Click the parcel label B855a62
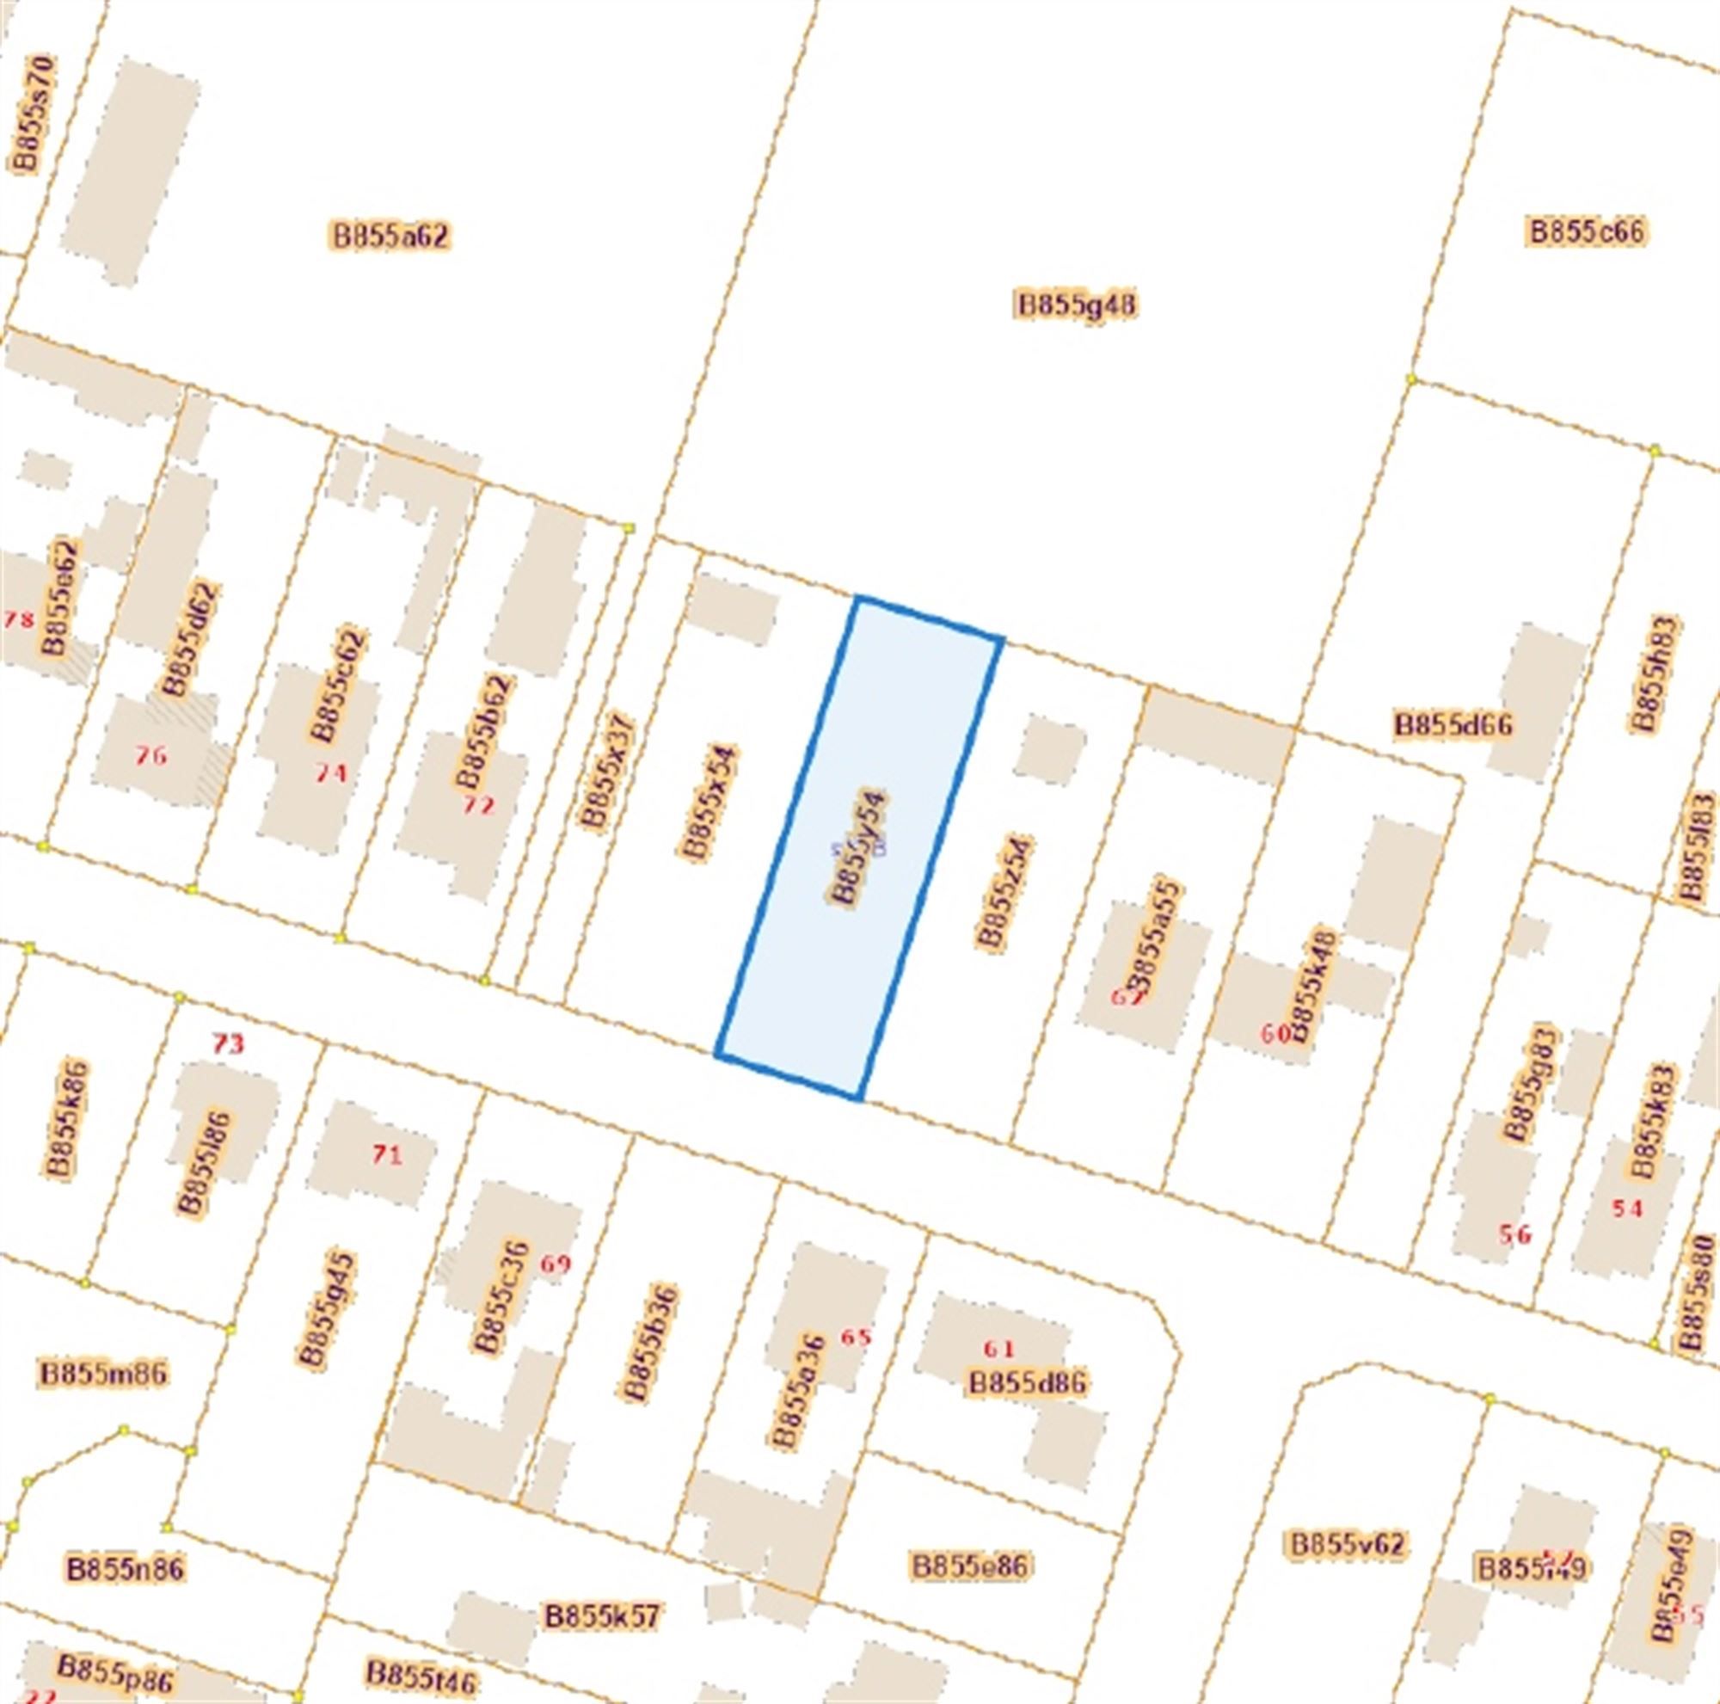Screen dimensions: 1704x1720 pos(390,236)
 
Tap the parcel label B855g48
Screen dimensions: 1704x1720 pos(1077,305)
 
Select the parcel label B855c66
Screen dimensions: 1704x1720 pos(1587,231)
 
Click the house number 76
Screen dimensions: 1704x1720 pos(150,756)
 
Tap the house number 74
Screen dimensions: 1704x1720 pos(330,772)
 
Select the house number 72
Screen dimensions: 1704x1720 pos(478,806)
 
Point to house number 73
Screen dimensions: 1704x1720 pos(228,1043)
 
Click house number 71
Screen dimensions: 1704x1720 pos(386,1155)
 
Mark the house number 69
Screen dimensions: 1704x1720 pos(556,1264)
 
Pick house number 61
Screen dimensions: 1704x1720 pos(998,1348)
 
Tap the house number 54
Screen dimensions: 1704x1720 pos(1626,1209)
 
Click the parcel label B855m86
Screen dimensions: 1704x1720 pos(103,1373)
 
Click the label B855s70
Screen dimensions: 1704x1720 pos(33,113)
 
